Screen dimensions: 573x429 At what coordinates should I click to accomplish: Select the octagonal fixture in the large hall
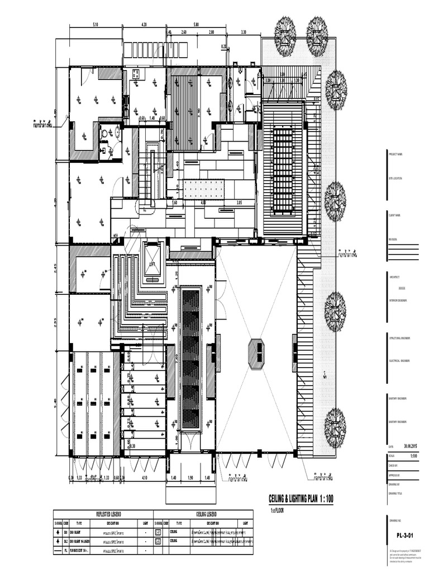click(256, 353)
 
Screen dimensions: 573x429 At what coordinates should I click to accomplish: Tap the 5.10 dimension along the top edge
click(95, 25)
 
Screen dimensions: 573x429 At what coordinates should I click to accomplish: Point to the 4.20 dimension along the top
click(144, 25)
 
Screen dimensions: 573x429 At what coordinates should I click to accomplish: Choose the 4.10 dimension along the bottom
click(144, 477)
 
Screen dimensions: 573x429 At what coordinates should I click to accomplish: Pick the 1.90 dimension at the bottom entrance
click(190, 477)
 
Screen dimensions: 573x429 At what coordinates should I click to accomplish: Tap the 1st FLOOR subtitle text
click(277, 510)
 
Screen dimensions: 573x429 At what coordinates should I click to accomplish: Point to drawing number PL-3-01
click(404, 535)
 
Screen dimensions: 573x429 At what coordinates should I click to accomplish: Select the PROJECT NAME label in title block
click(395, 154)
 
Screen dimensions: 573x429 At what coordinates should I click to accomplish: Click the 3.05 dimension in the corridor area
click(239, 203)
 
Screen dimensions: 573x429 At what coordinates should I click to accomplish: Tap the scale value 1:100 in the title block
click(413, 456)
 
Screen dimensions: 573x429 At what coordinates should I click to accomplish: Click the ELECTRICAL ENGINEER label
click(398, 361)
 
